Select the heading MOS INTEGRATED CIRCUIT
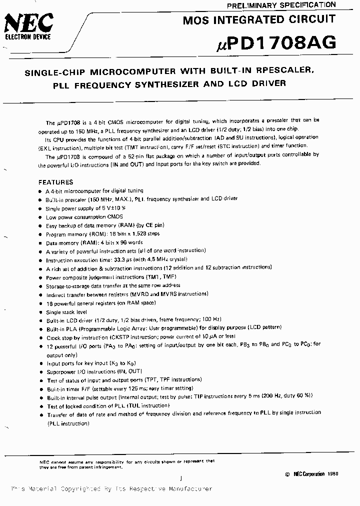259,20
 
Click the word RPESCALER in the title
283,71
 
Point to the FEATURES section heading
56,182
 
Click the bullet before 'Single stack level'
40,312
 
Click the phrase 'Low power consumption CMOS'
80,217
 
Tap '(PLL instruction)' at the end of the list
68,423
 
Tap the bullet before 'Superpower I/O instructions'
40,372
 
